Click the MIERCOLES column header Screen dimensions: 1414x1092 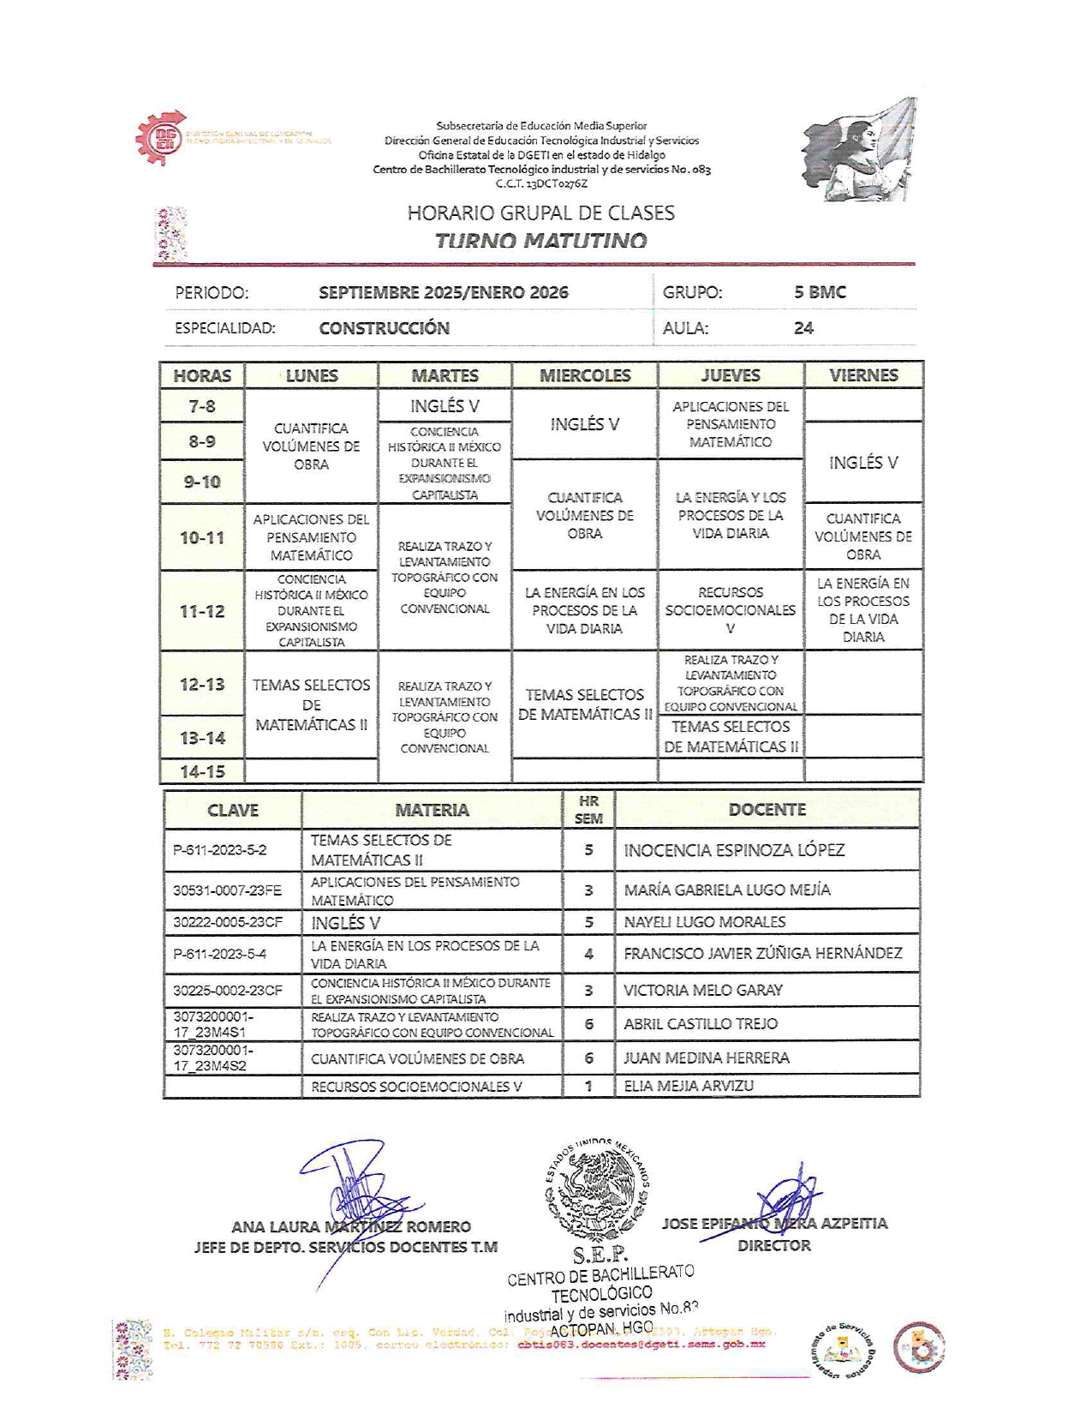tap(585, 375)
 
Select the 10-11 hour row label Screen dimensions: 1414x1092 tap(202, 537)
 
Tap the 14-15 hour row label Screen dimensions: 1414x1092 tap(202, 771)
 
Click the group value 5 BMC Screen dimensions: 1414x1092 tap(820, 292)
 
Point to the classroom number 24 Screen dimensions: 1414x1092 tap(803, 327)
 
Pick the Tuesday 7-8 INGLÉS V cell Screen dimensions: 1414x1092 tap(445, 406)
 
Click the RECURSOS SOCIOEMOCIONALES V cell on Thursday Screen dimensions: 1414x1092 tap(731, 609)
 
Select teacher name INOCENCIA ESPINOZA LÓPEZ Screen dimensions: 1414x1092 tap(734, 850)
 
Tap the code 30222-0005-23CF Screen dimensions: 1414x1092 tap(227, 922)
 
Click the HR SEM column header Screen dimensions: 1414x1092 tap(588, 810)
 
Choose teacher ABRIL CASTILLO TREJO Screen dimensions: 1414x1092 tap(701, 1023)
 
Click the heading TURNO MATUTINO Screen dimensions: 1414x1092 tap(540, 240)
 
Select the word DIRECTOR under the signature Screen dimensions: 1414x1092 tap(774, 1245)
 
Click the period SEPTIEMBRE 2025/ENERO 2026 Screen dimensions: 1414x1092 tap(444, 292)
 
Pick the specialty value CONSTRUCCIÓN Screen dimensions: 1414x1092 tap(384, 327)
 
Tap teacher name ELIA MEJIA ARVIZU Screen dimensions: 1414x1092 tap(689, 1086)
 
